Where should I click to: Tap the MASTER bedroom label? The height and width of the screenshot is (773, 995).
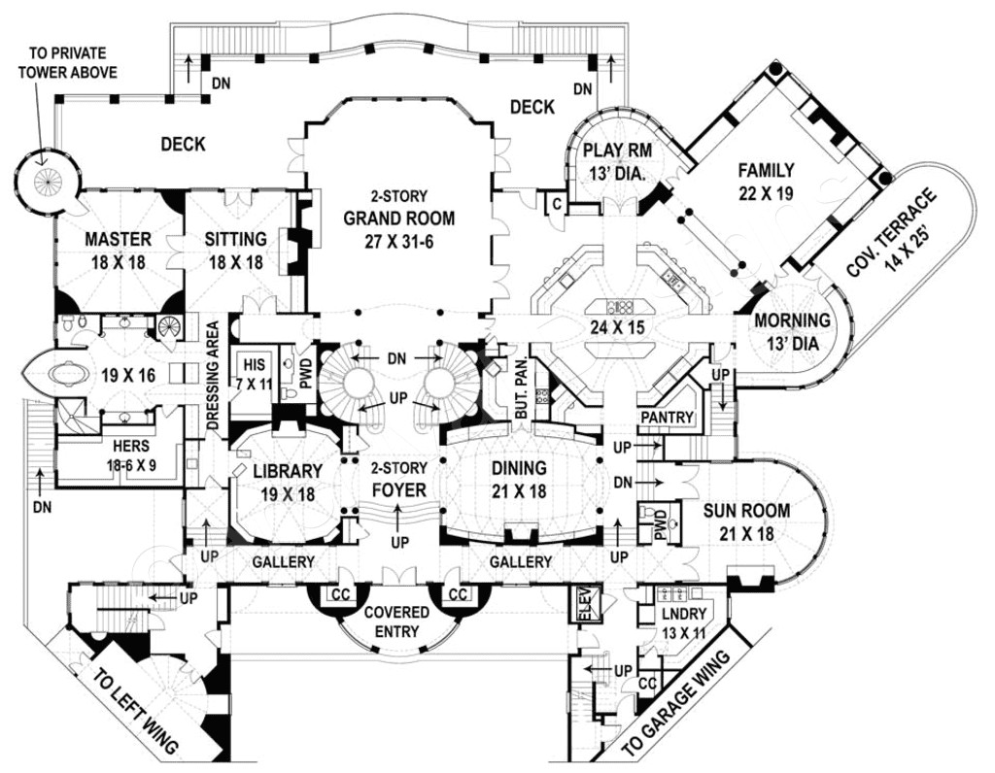click(x=118, y=239)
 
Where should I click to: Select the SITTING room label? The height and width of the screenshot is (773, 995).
click(x=236, y=239)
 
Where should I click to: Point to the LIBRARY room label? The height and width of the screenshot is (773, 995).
click(x=287, y=471)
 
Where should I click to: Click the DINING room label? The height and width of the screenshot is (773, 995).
click(x=519, y=467)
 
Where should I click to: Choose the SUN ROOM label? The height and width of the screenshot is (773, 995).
click(x=747, y=510)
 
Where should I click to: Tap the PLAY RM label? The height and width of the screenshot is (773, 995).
click(x=616, y=151)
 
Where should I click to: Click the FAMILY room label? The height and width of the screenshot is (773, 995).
click(x=766, y=170)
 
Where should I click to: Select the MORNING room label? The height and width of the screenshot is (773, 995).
click(x=793, y=319)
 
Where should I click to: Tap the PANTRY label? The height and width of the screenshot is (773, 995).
click(x=668, y=418)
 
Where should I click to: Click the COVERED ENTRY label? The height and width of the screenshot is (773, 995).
click(x=396, y=622)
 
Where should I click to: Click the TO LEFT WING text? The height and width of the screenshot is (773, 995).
click(x=135, y=706)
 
